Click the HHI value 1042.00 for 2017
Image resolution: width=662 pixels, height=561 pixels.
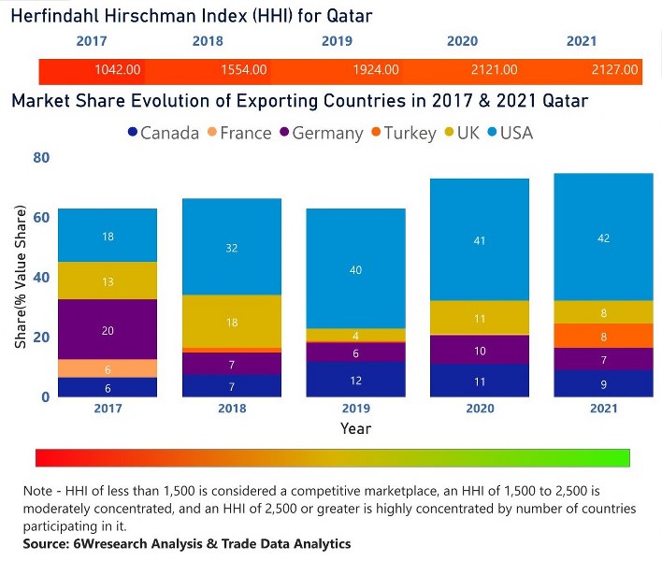118,70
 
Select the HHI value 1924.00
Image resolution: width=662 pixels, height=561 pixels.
376,70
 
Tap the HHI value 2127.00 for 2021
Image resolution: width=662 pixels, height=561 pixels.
615,70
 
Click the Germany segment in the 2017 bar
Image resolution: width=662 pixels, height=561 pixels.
108,329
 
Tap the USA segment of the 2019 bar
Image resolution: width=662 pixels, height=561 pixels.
356,269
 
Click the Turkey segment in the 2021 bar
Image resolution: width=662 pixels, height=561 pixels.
603,336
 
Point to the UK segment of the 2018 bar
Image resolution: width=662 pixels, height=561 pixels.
231,321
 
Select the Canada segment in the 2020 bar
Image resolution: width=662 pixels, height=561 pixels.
480,381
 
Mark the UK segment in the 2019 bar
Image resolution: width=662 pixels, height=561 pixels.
356,335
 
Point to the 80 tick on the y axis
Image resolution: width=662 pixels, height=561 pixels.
41,158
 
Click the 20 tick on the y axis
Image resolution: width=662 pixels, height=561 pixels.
41,338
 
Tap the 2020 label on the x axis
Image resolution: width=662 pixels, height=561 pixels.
480,410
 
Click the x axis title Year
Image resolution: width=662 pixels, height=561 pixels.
355,429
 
